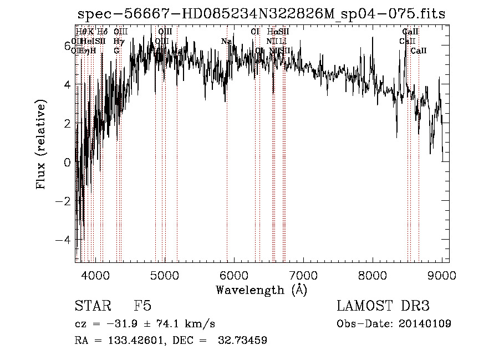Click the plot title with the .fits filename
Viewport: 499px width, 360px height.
click(x=261, y=14)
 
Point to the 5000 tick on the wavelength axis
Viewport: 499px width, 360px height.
click(x=165, y=275)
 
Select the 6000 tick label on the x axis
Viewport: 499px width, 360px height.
click(x=234, y=275)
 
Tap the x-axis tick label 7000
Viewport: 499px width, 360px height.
click(x=303, y=275)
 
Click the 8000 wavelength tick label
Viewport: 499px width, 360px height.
click(x=373, y=275)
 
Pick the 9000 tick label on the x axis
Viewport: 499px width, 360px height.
click(x=442, y=275)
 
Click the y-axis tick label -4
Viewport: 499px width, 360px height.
click(x=65, y=240)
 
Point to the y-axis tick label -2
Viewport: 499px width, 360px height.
click(x=65, y=201)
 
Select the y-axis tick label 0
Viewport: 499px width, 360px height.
click(x=68, y=162)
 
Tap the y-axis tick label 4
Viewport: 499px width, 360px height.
click(x=68, y=85)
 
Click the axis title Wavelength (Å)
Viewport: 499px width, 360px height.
click(x=261, y=290)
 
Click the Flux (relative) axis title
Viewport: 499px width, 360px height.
click(x=41, y=144)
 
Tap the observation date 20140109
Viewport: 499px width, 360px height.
click(x=425, y=323)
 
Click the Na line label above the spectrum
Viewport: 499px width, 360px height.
click(x=226, y=41)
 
